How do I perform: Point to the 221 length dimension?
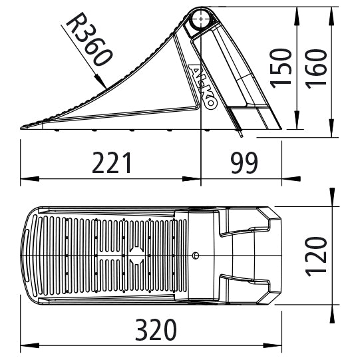coord(112,162)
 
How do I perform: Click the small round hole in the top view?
coord(195,255)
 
